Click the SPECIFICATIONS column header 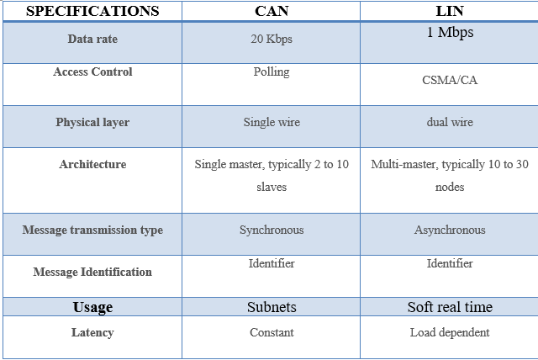point(92,11)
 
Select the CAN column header point(272,11)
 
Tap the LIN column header point(450,11)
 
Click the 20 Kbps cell point(272,39)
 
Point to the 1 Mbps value point(450,33)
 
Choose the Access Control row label point(92,71)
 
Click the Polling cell point(272,72)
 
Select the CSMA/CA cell point(450,80)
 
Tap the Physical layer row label point(92,123)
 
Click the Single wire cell point(272,123)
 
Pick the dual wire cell point(450,122)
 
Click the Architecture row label point(92,164)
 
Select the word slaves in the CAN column point(272,187)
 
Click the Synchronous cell point(272,230)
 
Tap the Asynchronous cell point(450,230)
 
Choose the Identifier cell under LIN point(450,263)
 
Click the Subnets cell point(272,307)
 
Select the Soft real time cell point(450,307)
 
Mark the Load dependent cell point(450,332)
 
